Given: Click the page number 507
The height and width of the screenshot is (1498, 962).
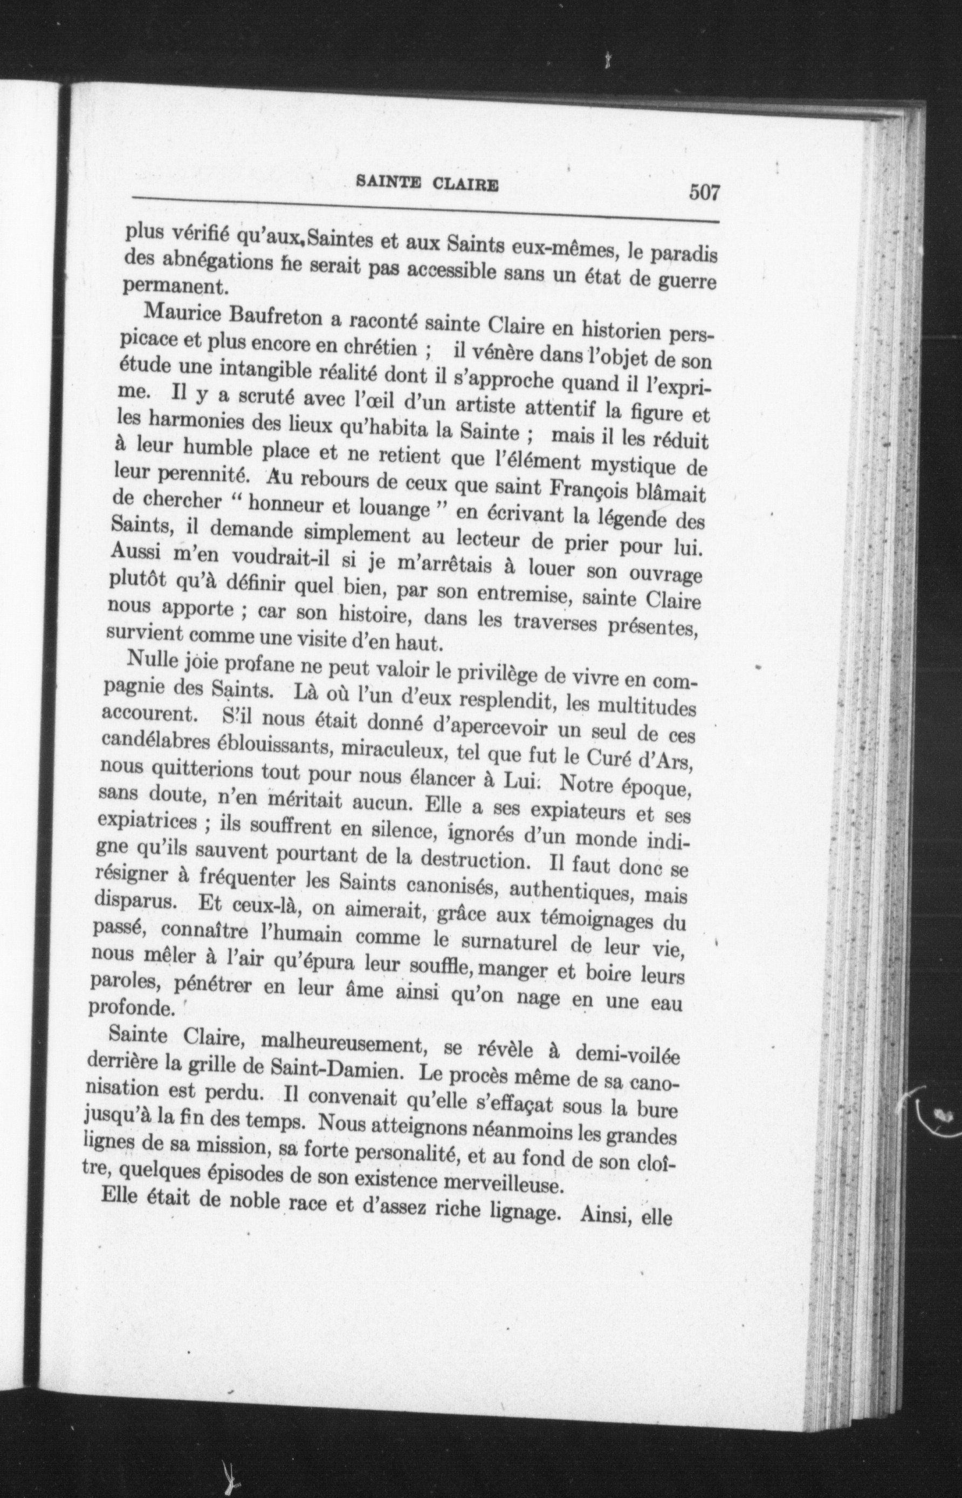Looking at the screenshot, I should [x=705, y=190].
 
